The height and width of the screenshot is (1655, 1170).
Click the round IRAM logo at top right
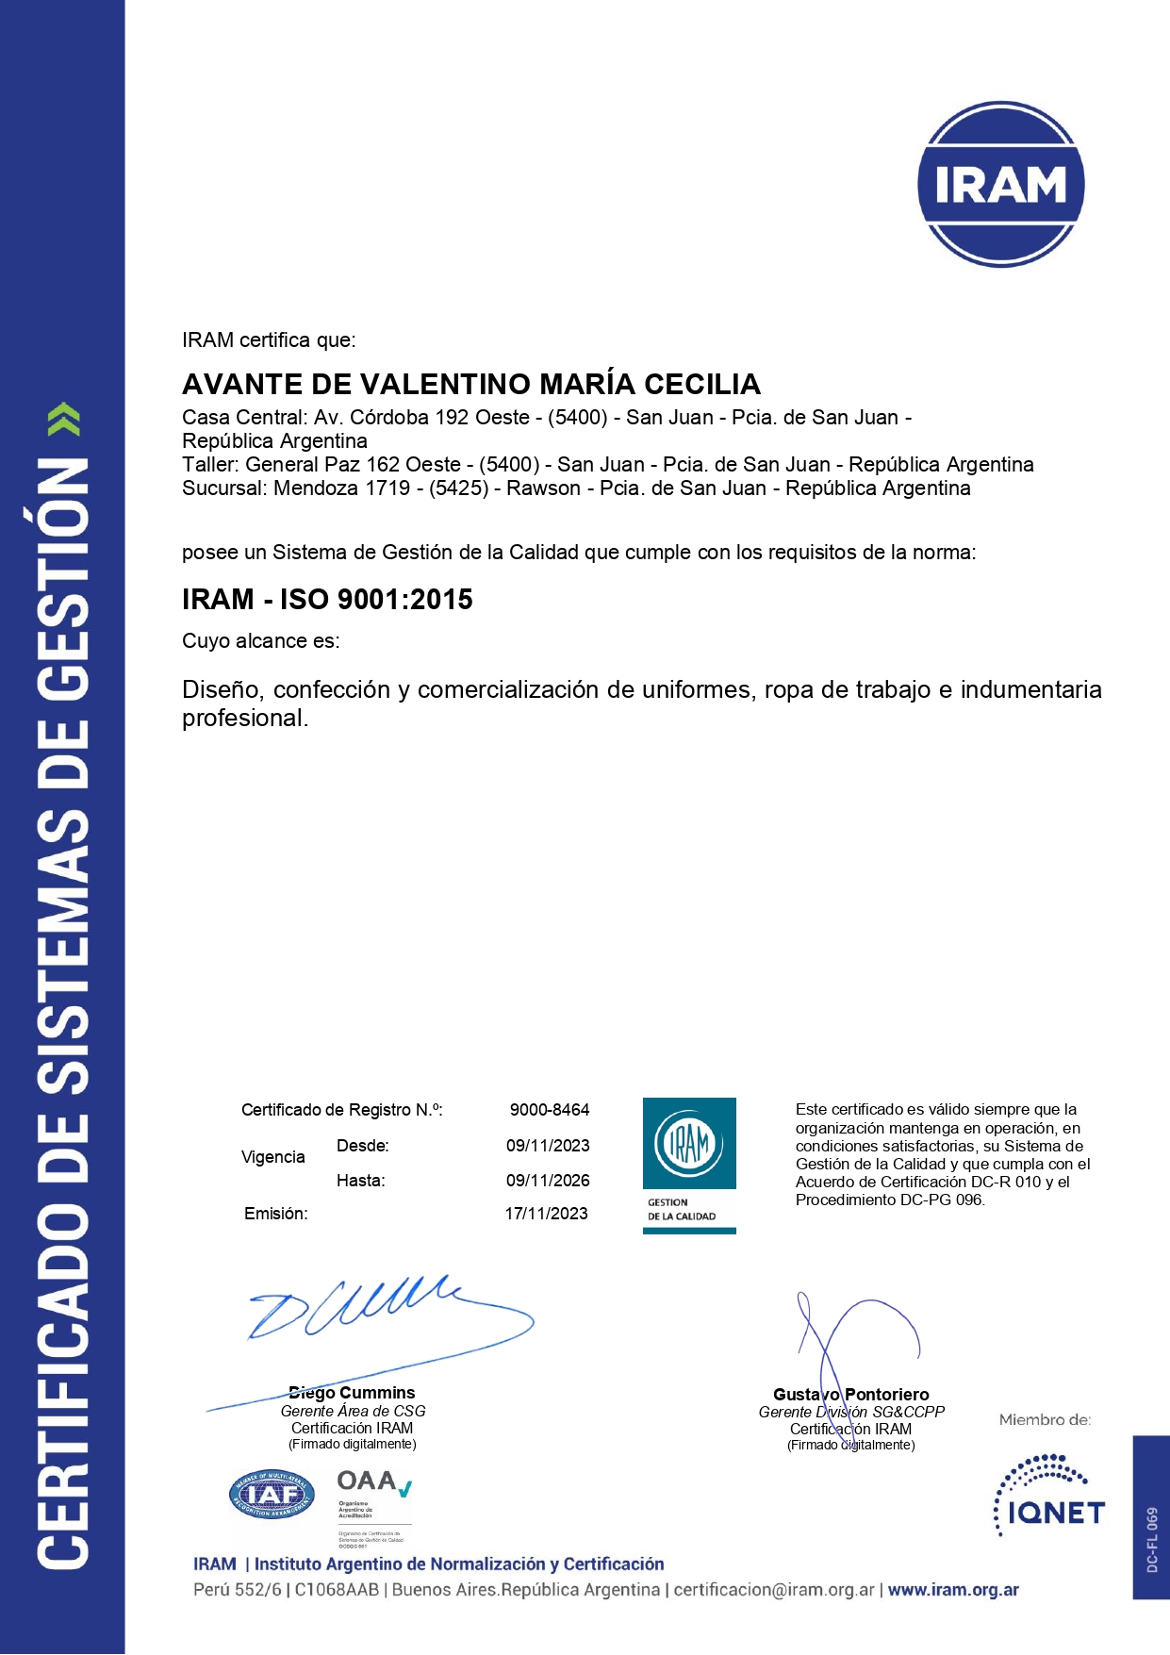[x=1000, y=184]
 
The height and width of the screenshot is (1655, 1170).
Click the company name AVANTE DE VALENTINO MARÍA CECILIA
[x=471, y=384]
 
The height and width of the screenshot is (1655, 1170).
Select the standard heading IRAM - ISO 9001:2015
[x=327, y=599]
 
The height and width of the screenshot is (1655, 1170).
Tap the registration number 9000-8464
[x=550, y=1110]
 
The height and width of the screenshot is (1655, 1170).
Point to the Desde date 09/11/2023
[x=548, y=1146]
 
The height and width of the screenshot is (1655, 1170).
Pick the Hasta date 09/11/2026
[x=548, y=1180]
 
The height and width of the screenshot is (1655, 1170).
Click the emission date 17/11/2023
[x=546, y=1214]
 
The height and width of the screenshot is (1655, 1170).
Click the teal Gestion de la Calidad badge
[x=689, y=1165]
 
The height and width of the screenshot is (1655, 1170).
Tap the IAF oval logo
[x=272, y=1495]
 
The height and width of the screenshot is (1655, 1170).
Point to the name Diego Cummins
[x=352, y=1393]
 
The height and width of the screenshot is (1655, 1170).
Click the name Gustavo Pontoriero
[x=850, y=1395]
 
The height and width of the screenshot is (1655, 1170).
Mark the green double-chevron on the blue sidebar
[x=64, y=419]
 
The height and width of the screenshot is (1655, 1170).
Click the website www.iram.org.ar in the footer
[x=953, y=1590]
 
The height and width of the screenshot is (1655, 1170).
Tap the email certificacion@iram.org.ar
[x=773, y=1590]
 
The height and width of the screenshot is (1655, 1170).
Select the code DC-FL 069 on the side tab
[x=1152, y=1539]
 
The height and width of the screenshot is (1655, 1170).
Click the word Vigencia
[x=272, y=1157]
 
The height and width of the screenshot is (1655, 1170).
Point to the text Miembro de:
[x=1045, y=1419]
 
